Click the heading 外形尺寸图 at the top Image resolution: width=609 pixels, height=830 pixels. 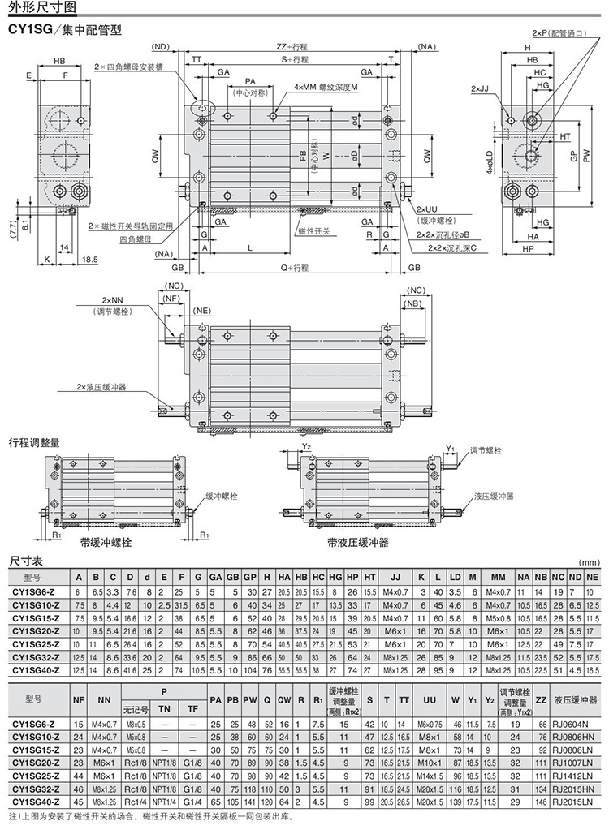(42, 9)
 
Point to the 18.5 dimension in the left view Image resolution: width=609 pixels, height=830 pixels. (90, 260)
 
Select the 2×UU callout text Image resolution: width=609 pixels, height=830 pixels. (427, 209)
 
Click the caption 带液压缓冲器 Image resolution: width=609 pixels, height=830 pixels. (358, 542)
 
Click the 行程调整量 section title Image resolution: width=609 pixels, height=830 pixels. (34, 442)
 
